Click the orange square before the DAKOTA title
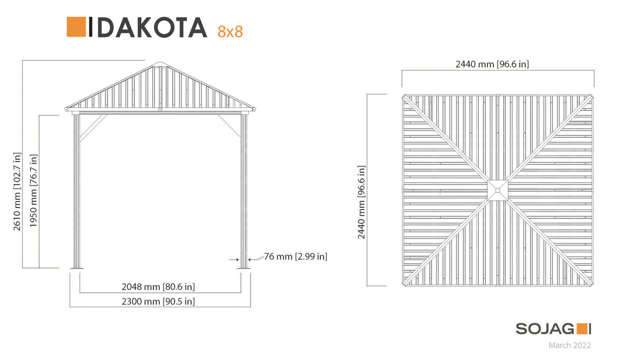pyautogui.click(x=76, y=27)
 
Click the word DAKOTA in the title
pyautogui.click(x=147, y=28)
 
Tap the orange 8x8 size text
pyautogui.click(x=230, y=32)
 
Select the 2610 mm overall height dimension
pyautogui.click(x=18, y=191)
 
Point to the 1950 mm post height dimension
pyautogui.click(x=34, y=191)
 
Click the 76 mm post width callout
pyautogui.click(x=295, y=257)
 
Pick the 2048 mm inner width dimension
pyautogui.click(x=158, y=287)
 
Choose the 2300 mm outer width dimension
pyautogui.click(x=158, y=302)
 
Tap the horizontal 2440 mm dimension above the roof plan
pyautogui.click(x=492, y=64)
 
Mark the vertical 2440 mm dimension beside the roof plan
pyautogui.click(x=361, y=202)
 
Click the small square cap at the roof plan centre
pyautogui.click(x=497, y=190)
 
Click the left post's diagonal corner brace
pyautogui.click(x=92, y=127)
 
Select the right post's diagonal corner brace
pyautogui.click(x=229, y=126)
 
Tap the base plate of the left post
pyautogui.click(x=76, y=268)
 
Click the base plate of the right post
pyautogui.click(x=244, y=268)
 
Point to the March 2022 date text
pyautogui.click(x=569, y=346)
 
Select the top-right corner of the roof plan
pyautogui.click(x=591, y=96)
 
